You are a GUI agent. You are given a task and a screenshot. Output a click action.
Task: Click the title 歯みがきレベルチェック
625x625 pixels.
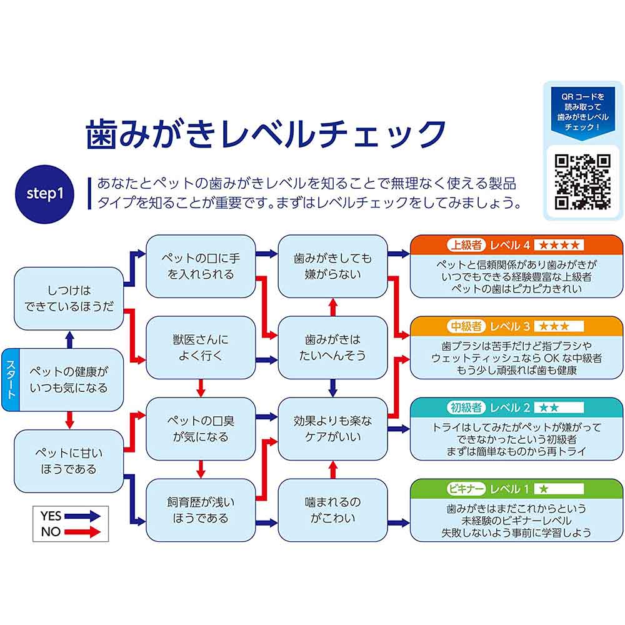[x=266, y=133]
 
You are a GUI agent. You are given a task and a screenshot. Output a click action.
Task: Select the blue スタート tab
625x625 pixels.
[x=10, y=380]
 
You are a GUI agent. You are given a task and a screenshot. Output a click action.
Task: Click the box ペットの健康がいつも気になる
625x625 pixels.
[x=69, y=379]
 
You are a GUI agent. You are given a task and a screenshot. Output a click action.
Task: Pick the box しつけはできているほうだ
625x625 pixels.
[x=69, y=299]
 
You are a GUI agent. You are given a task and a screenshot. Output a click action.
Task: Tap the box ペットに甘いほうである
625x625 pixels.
[x=69, y=461]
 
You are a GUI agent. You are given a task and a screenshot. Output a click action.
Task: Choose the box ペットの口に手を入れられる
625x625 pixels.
[x=201, y=266]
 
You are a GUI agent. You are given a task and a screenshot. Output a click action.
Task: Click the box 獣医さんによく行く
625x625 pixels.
[x=201, y=347]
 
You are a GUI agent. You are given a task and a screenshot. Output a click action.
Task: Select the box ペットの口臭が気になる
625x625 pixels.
[x=201, y=428]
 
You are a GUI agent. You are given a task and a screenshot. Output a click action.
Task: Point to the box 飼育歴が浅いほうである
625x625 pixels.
[x=201, y=509]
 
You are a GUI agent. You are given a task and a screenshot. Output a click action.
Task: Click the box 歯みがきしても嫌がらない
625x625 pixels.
[x=332, y=266]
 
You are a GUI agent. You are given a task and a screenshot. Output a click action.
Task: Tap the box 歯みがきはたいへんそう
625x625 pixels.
[x=332, y=347]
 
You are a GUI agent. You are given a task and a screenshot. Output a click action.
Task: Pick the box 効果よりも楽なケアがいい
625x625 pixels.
[x=332, y=428]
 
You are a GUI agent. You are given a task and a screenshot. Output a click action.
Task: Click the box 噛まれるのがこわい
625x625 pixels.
[x=332, y=509]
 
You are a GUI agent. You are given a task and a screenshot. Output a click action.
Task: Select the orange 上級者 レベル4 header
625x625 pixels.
[x=516, y=244]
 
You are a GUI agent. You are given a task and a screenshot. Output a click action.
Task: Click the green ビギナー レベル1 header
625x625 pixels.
[x=516, y=488]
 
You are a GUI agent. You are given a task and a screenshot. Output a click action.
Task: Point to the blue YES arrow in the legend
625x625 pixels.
[x=81, y=516]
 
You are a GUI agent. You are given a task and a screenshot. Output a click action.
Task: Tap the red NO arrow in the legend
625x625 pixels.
[x=81, y=532]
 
